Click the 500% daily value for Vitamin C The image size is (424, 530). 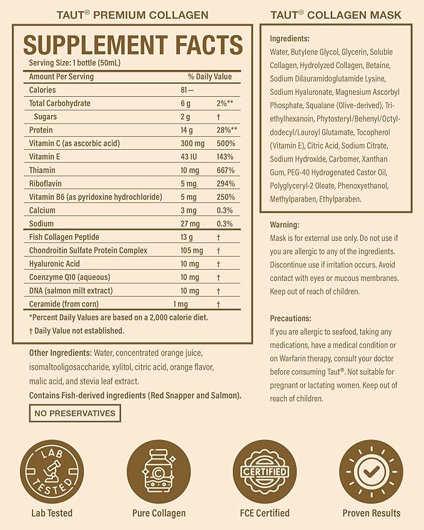[225, 144]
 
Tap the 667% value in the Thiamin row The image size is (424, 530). [225, 170]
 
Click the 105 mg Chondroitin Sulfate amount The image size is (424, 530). [192, 250]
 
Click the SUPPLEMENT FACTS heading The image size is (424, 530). [132, 45]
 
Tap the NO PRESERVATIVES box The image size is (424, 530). [75, 413]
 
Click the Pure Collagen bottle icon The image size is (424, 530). [159, 472]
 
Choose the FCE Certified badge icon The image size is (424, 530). [265, 472]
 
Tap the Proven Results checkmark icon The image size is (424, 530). [371, 472]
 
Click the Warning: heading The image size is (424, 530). [285, 225]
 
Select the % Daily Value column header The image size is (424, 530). [210, 77]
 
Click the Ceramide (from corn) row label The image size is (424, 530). [66, 304]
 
